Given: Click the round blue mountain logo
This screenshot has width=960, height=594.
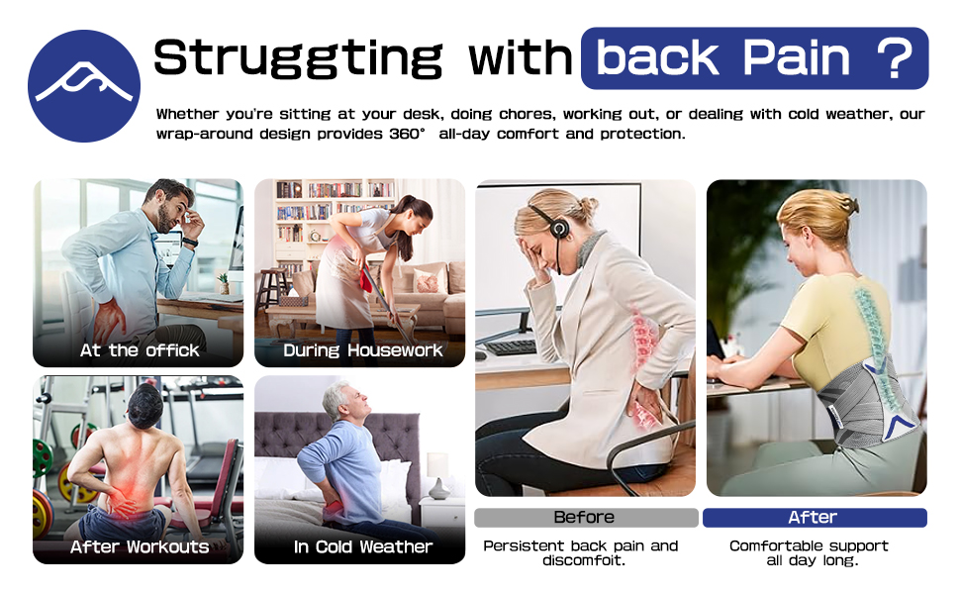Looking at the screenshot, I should [84, 85].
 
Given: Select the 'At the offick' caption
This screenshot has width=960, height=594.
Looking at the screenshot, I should [139, 350].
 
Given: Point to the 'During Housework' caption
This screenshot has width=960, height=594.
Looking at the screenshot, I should [362, 350].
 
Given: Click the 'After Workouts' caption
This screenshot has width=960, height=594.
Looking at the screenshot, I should [139, 546].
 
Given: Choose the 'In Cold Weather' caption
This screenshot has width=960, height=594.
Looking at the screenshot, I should [362, 546].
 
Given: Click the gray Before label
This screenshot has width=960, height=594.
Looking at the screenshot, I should [584, 518].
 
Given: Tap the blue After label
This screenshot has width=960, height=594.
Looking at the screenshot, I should [813, 518].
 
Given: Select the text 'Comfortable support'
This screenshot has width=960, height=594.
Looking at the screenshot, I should [809, 545].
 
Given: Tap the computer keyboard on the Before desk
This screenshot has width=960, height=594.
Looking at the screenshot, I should [511, 347].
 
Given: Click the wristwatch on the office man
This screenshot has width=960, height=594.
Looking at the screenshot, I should [189, 242].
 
